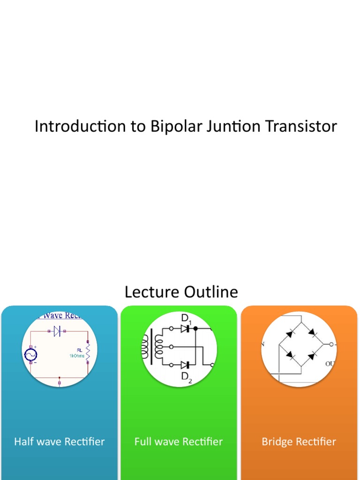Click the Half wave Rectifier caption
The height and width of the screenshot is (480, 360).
pos(60,442)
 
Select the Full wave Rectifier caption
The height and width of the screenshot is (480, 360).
pos(179,442)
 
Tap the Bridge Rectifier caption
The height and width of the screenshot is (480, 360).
pos(299,442)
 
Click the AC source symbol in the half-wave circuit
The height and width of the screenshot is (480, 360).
pos(31,355)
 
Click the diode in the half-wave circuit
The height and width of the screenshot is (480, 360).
pos(57,332)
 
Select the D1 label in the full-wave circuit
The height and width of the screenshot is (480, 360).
pos(187,319)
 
